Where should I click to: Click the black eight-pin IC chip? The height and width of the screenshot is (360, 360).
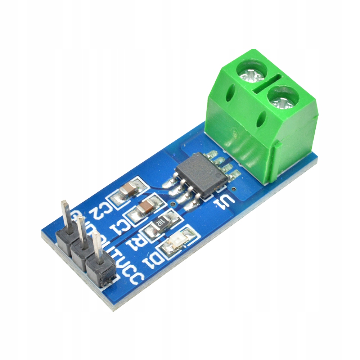pos(201,174)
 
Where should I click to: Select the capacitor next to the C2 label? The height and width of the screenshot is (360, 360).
pos(129,189)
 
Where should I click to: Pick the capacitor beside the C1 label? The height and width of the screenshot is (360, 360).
pos(146,207)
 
